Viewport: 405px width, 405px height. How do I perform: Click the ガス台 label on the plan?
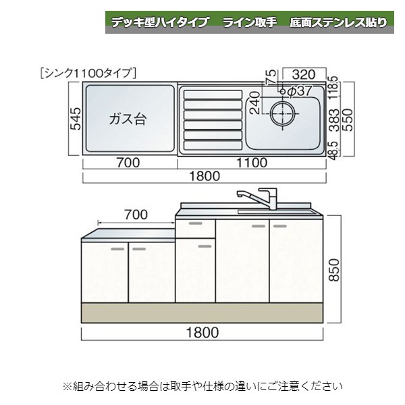pos(128,119)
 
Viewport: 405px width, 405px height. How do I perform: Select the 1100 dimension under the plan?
pos(252,162)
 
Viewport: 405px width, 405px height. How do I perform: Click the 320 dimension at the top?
pos(305,74)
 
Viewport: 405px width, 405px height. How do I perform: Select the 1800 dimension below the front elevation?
pos(203,332)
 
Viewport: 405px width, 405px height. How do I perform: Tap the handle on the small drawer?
pos(195,223)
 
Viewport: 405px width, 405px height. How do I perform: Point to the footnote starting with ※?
pos(202,387)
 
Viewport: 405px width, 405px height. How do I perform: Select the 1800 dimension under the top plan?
pos(204,177)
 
